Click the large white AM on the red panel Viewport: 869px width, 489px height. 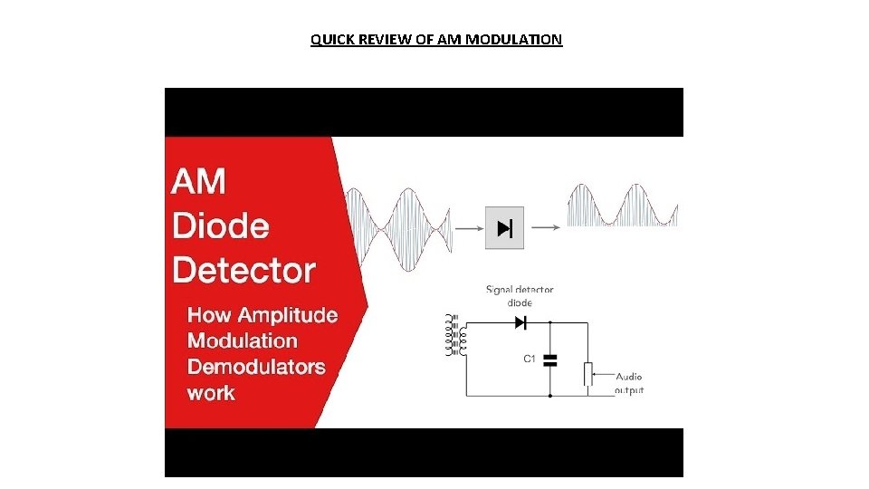click(198, 181)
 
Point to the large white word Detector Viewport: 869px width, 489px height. click(244, 269)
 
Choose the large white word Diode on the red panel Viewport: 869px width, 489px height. click(221, 225)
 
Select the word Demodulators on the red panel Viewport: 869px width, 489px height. click(256, 367)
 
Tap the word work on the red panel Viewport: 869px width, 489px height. click(211, 393)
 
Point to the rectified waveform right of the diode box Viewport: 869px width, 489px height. click(622, 206)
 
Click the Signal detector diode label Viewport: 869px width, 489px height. click(520, 296)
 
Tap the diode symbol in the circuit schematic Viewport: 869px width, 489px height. click(520, 321)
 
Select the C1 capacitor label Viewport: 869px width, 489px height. click(530, 360)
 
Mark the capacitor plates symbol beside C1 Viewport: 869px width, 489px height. click(549, 360)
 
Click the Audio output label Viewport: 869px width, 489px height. click(629, 383)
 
